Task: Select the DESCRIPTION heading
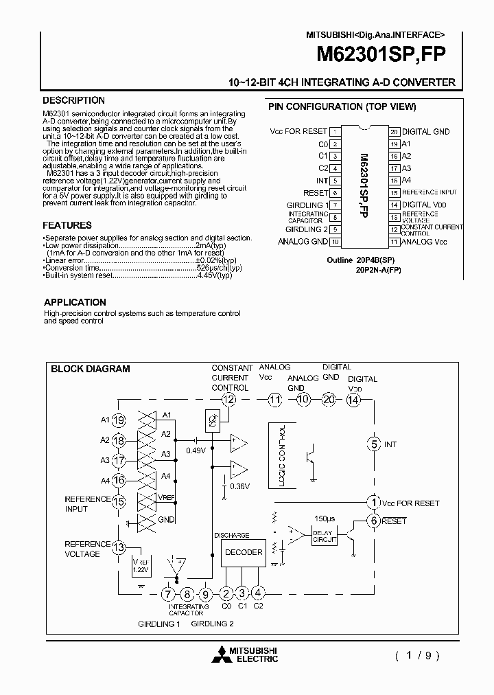click(73, 100)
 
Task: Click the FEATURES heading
click(67, 225)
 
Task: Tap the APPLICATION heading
click(75, 302)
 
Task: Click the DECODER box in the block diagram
click(244, 552)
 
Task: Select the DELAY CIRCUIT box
click(325, 537)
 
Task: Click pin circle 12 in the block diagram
click(228, 400)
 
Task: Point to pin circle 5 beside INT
click(374, 444)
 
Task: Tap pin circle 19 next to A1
click(119, 420)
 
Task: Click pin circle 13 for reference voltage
click(119, 547)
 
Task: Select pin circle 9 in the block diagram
click(206, 594)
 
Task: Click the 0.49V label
click(196, 451)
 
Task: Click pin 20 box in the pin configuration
click(395, 131)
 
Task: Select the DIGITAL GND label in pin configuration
click(425, 131)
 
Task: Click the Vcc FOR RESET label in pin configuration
click(298, 131)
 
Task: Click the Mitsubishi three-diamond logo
click(222, 653)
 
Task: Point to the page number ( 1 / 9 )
click(416, 654)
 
